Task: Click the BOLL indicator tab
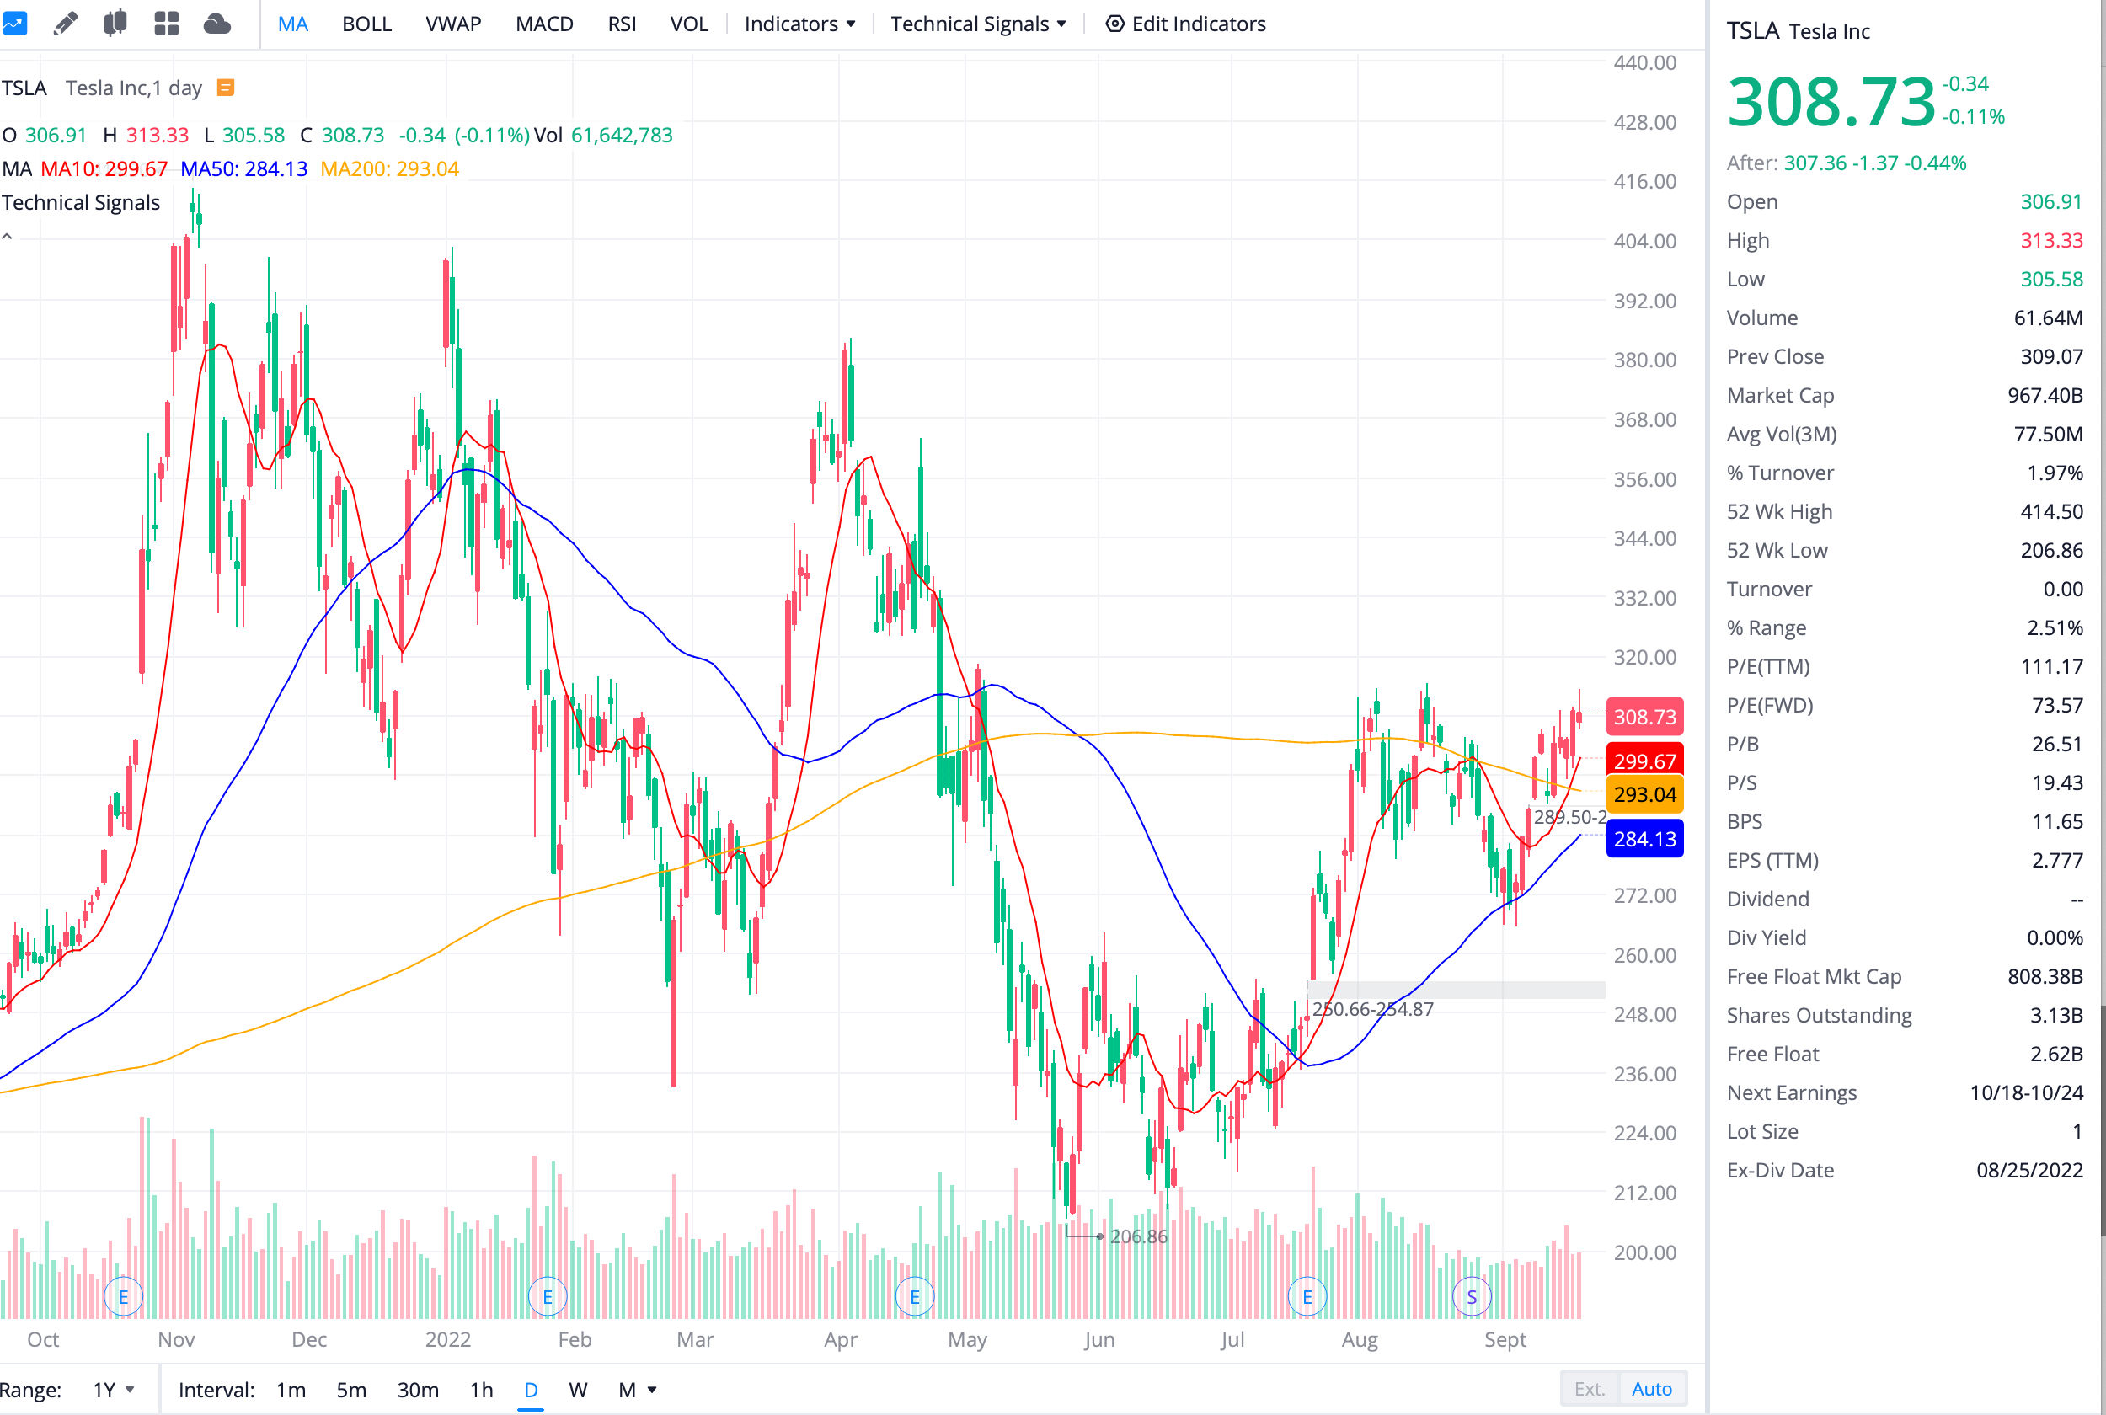[x=366, y=24]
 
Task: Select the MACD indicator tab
[x=544, y=24]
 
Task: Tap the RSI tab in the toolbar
[x=622, y=24]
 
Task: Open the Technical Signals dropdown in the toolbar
[x=977, y=24]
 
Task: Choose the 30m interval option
[x=418, y=1390]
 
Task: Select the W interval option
[x=578, y=1390]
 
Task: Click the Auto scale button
[x=1651, y=1389]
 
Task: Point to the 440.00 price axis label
[x=1644, y=62]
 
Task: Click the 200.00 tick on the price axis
[x=1644, y=1252]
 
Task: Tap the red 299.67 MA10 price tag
[x=1644, y=761]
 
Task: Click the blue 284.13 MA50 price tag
[x=1644, y=839]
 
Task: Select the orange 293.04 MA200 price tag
[x=1644, y=794]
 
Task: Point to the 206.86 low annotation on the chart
[x=1138, y=1236]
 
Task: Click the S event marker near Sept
[x=1472, y=1297]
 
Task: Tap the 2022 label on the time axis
[x=447, y=1339]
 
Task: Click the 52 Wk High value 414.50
[x=2051, y=512]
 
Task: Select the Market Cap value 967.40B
[x=2045, y=395]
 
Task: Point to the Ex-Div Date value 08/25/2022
[x=2029, y=1171]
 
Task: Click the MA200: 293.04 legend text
[x=390, y=168]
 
